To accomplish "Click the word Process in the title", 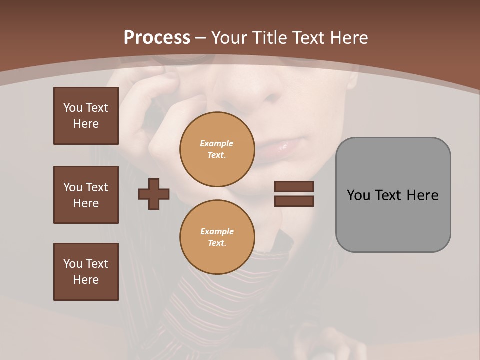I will (x=157, y=38).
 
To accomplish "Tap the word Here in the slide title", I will (x=346, y=38).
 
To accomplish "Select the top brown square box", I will (x=86, y=116).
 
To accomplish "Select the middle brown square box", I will (x=86, y=195).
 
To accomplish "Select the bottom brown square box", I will (x=86, y=272).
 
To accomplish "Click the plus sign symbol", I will (x=154, y=194).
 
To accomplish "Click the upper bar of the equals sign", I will (x=294, y=186).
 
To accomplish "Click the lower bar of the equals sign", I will (x=294, y=201).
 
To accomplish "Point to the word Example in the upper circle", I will (x=217, y=143).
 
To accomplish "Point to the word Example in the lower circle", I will (x=217, y=231).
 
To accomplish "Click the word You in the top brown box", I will (x=72, y=108).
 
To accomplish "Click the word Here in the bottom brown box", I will (x=86, y=280).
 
